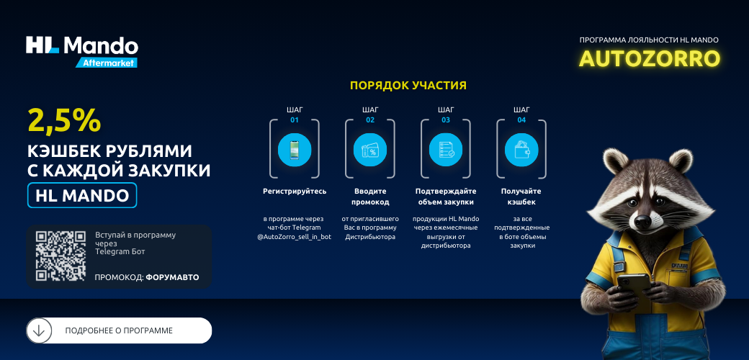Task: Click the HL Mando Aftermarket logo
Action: [82, 51]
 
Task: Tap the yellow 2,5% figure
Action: [65, 120]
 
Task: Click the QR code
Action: [60, 256]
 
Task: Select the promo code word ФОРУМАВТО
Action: [172, 277]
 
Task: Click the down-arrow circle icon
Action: [39, 330]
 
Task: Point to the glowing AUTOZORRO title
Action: [649, 59]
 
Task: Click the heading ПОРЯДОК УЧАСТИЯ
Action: [408, 86]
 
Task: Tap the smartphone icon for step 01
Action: [295, 150]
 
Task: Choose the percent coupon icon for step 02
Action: [370, 150]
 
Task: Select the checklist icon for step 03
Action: [446, 150]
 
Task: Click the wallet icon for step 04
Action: [521, 150]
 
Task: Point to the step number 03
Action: [446, 120]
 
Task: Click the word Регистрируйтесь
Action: [295, 192]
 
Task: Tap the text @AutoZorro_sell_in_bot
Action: [295, 237]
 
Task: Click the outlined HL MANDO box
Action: [82, 195]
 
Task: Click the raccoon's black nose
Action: [643, 221]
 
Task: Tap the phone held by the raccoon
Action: [633, 284]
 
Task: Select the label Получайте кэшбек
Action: [521, 197]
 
